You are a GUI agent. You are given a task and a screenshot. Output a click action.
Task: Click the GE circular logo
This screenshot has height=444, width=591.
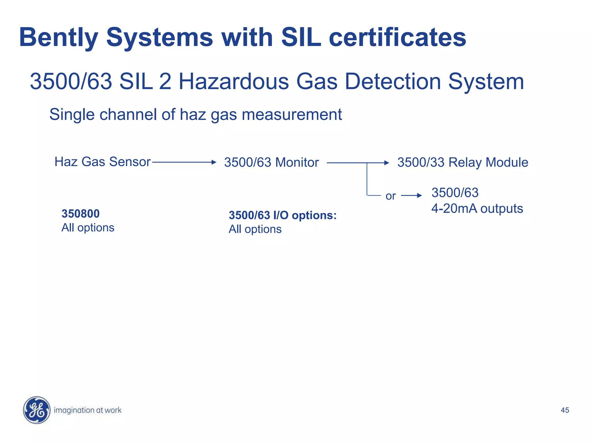37,410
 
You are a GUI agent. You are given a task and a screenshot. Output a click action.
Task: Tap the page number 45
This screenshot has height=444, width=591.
565,410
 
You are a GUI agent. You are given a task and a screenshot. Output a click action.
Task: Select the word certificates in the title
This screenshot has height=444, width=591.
397,38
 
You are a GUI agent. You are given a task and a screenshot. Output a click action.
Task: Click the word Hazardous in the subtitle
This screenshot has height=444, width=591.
233,82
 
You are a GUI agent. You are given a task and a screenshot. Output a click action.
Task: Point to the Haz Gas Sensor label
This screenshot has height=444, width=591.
102,162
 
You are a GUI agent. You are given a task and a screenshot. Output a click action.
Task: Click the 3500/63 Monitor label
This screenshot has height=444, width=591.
271,162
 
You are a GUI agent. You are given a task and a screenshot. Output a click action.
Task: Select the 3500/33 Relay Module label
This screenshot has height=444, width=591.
463,162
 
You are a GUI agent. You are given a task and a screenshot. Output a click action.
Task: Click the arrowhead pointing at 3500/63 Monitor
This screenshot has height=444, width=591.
214,162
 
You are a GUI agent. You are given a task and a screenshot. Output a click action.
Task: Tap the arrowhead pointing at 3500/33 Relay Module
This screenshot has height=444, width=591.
387,163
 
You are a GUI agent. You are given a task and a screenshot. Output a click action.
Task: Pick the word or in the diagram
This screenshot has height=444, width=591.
390,196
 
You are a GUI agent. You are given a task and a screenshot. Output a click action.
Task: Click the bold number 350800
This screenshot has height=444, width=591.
81,214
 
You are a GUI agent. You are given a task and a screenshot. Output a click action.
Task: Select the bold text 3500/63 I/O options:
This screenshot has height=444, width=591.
283,215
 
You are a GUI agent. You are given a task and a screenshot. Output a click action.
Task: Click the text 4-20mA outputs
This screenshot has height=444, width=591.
477,208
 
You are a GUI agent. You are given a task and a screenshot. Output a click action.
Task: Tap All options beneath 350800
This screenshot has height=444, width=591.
88,228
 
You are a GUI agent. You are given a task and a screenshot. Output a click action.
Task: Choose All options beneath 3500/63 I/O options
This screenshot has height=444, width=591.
255,229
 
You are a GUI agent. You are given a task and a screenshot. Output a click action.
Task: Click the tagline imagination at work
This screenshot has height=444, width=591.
88,410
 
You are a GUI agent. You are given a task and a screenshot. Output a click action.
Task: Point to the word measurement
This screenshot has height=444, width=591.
292,114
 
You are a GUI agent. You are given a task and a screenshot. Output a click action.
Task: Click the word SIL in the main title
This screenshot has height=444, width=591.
301,38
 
